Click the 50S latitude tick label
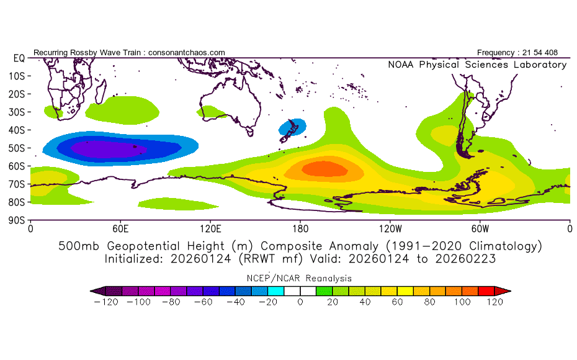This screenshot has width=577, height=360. pyautogui.click(x=16, y=148)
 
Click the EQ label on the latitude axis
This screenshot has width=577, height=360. pyautogui.click(x=18, y=58)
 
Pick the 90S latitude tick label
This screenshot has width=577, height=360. pyautogui.click(x=16, y=220)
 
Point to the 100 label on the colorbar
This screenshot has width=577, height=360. pyautogui.click(x=462, y=302)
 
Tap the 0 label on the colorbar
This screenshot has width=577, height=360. pyautogui.click(x=300, y=302)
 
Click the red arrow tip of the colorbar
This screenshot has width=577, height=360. pyautogui.click(x=506, y=290)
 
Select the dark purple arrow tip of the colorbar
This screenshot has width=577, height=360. pyautogui.click(x=95, y=290)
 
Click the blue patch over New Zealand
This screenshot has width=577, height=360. pyautogui.click(x=292, y=127)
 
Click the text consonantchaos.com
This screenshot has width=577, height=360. pyautogui.click(x=187, y=53)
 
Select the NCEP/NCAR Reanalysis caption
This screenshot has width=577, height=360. pyautogui.click(x=300, y=278)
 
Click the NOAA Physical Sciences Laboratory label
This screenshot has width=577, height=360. pyautogui.click(x=476, y=65)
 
